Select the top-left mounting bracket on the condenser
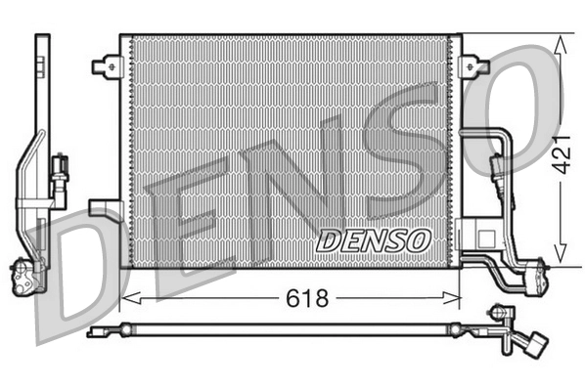(x=105, y=66)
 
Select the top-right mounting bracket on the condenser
(x=477, y=66)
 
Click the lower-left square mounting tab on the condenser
(x=102, y=207)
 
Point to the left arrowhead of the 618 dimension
(x=126, y=296)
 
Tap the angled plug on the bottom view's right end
(x=534, y=348)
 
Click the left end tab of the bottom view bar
(x=93, y=331)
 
